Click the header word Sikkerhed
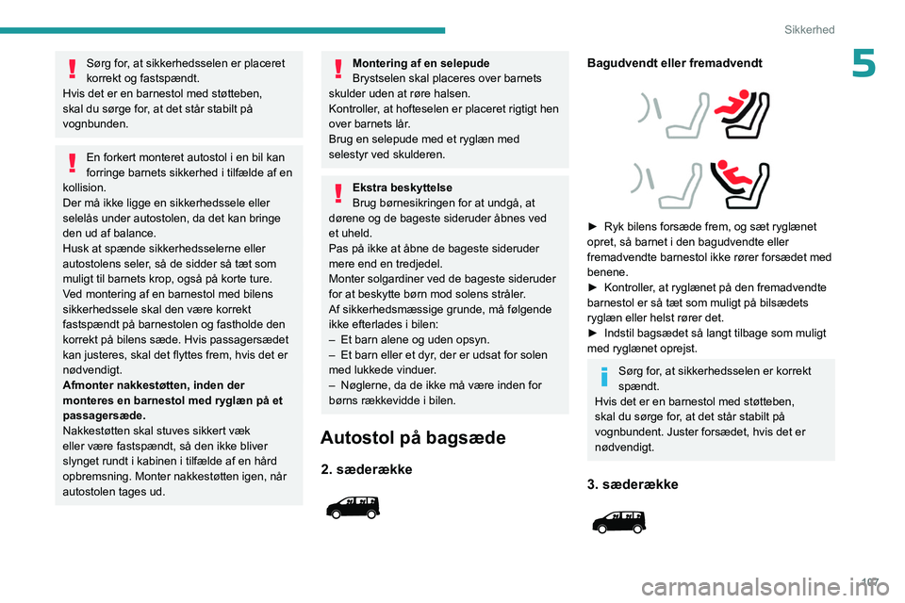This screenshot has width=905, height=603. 809,29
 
